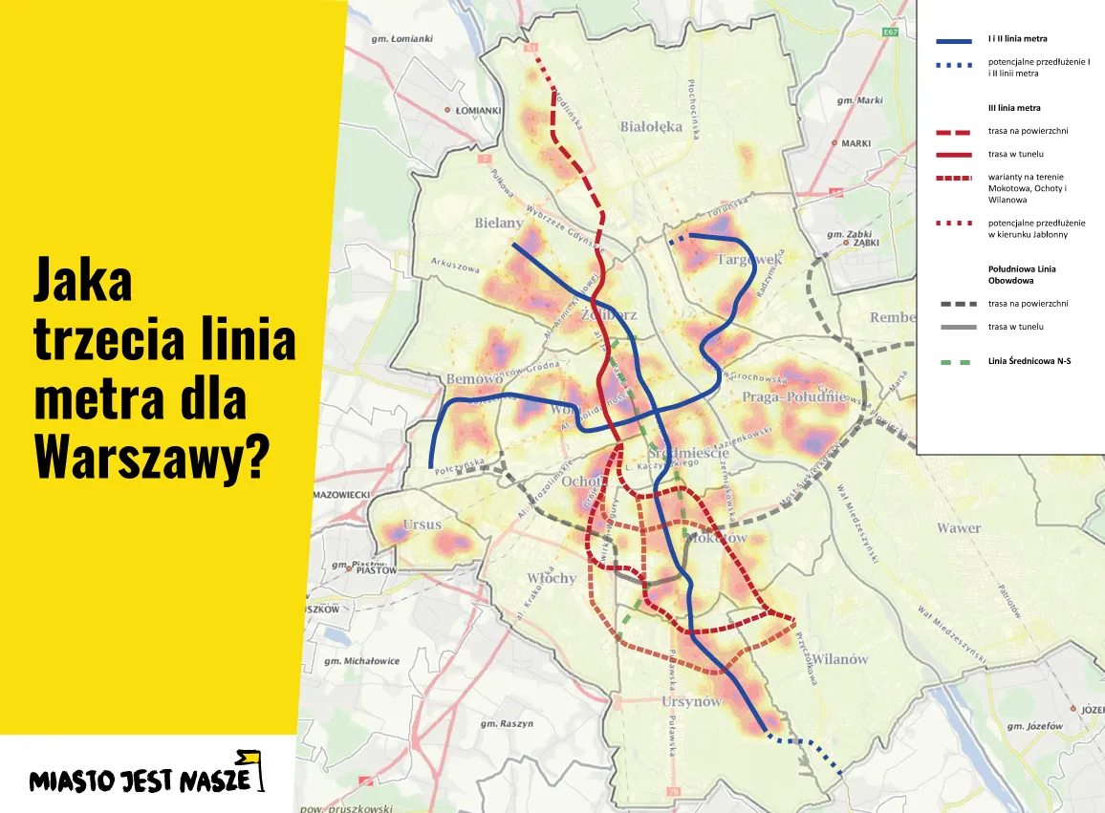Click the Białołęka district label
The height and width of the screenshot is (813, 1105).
(651, 126)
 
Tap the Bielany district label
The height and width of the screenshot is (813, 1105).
(499, 223)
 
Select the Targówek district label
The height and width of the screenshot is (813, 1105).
(749, 259)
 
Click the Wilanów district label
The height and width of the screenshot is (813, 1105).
(840, 659)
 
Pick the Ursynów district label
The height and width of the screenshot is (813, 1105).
(691, 702)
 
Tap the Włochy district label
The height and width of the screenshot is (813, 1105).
(552, 578)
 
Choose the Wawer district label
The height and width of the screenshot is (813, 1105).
(958, 527)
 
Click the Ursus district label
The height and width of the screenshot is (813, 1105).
(422, 524)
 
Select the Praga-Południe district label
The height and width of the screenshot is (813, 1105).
(793, 396)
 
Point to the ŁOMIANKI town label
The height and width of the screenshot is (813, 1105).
(478, 111)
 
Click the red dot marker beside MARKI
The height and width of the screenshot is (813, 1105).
(834, 143)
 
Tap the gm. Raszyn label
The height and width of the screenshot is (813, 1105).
(507, 723)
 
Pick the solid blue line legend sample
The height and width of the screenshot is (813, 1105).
(954, 41)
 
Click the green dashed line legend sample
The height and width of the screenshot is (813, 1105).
(954, 362)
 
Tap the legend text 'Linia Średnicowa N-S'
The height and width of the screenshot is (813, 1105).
(1029, 362)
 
